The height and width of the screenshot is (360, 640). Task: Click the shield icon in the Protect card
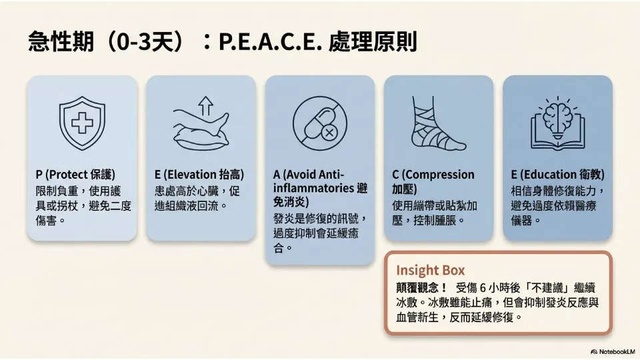pyautogui.click(x=82, y=123)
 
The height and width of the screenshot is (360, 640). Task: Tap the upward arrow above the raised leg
pyautogui.click(x=206, y=106)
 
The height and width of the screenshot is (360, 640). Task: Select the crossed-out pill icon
pyautogui.click(x=319, y=123)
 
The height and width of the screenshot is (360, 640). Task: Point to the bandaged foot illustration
pyautogui.click(x=437, y=123)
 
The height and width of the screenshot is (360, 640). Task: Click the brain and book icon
pyautogui.click(x=557, y=123)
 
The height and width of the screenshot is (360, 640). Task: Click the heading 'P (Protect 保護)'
pyautogui.click(x=75, y=175)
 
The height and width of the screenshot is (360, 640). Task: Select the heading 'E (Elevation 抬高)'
pyautogui.click(x=199, y=175)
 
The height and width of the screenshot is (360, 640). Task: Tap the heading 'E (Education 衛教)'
pyautogui.click(x=557, y=175)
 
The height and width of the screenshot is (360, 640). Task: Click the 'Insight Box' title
pyautogui.click(x=430, y=270)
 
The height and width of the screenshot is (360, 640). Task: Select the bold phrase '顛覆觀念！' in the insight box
pyautogui.click(x=422, y=288)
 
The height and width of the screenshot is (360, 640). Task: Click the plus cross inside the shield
pyautogui.click(x=82, y=122)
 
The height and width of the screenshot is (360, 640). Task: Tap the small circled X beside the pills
pyautogui.click(x=329, y=132)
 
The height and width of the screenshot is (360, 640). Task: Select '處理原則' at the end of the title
pyautogui.click(x=372, y=41)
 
